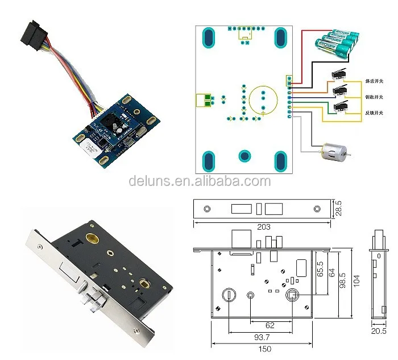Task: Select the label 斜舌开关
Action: (374, 81)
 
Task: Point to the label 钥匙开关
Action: (374, 97)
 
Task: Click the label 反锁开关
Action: (374, 113)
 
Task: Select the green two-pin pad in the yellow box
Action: (204, 100)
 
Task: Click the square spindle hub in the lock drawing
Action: (293, 295)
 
